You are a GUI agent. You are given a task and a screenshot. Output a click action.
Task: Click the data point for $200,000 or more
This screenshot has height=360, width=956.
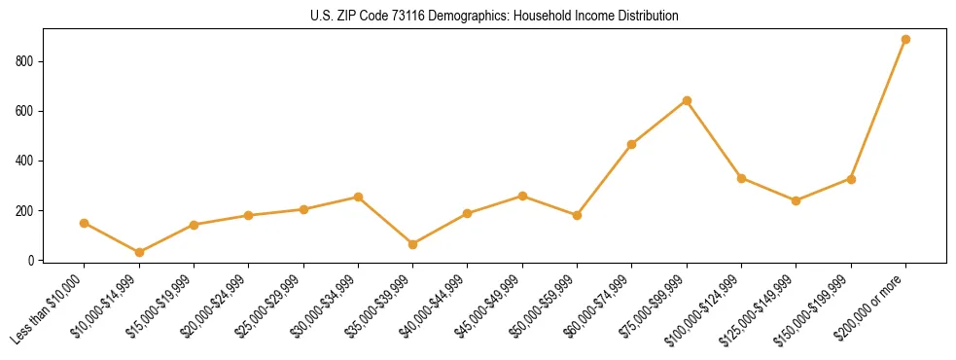(x=905, y=40)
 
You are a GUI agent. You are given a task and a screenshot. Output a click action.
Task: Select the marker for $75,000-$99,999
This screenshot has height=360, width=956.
(x=687, y=100)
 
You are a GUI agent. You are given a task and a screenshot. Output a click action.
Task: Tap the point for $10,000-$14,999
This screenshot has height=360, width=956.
(x=139, y=252)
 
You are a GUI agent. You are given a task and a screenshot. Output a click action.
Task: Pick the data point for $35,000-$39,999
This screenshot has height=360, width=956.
(x=413, y=244)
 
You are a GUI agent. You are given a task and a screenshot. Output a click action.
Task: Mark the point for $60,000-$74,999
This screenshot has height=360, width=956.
(x=632, y=144)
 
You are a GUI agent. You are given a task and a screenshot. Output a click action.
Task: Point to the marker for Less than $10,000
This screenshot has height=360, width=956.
(x=85, y=223)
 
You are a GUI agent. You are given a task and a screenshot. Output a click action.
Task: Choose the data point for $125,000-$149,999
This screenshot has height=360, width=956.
(x=796, y=200)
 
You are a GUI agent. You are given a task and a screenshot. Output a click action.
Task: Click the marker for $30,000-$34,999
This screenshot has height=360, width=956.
(x=358, y=197)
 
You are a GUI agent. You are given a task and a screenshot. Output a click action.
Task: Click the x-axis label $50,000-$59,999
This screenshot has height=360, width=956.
(x=549, y=304)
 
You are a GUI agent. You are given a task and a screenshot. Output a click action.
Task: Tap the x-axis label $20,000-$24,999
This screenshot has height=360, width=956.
(x=220, y=304)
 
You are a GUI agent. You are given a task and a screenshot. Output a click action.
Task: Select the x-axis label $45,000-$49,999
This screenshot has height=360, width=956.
(x=494, y=304)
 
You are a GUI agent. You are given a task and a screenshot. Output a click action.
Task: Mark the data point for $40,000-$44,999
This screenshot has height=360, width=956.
(x=468, y=213)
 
